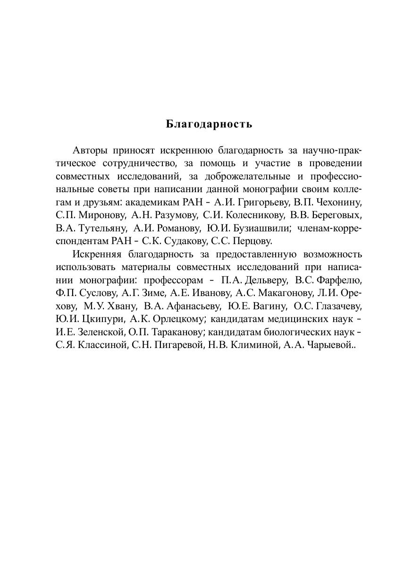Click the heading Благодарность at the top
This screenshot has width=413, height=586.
pyautogui.click(x=209, y=124)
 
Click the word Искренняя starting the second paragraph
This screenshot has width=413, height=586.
pyautogui.click(x=96, y=255)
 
